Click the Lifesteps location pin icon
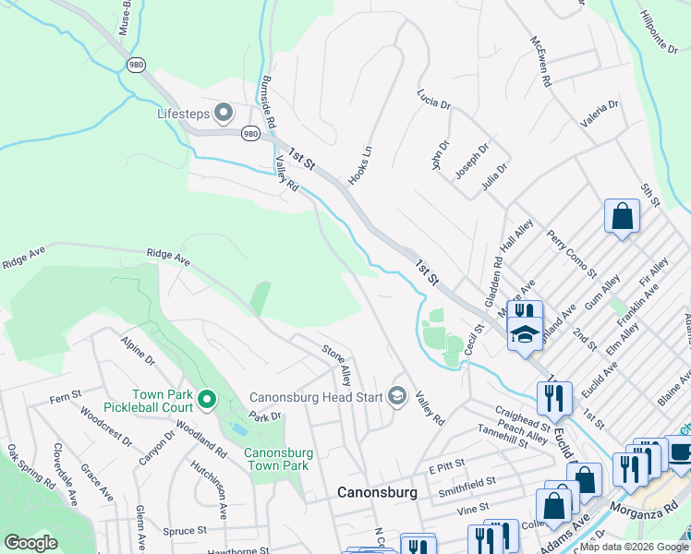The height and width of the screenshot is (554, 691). tap(223, 114)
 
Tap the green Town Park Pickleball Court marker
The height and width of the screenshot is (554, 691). tap(207, 400)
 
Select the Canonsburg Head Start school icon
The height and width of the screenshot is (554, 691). tap(397, 396)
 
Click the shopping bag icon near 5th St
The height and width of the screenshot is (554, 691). tap(622, 217)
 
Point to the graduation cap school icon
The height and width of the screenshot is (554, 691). tap(524, 335)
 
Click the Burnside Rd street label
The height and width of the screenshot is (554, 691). tap(269, 102)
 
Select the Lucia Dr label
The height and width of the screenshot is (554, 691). tap(432, 98)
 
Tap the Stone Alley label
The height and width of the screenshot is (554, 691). tap(336, 364)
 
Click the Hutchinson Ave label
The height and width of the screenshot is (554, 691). tap(223, 492)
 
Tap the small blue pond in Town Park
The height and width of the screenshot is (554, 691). tap(238, 430)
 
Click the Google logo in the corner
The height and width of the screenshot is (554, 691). tap(30, 543)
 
